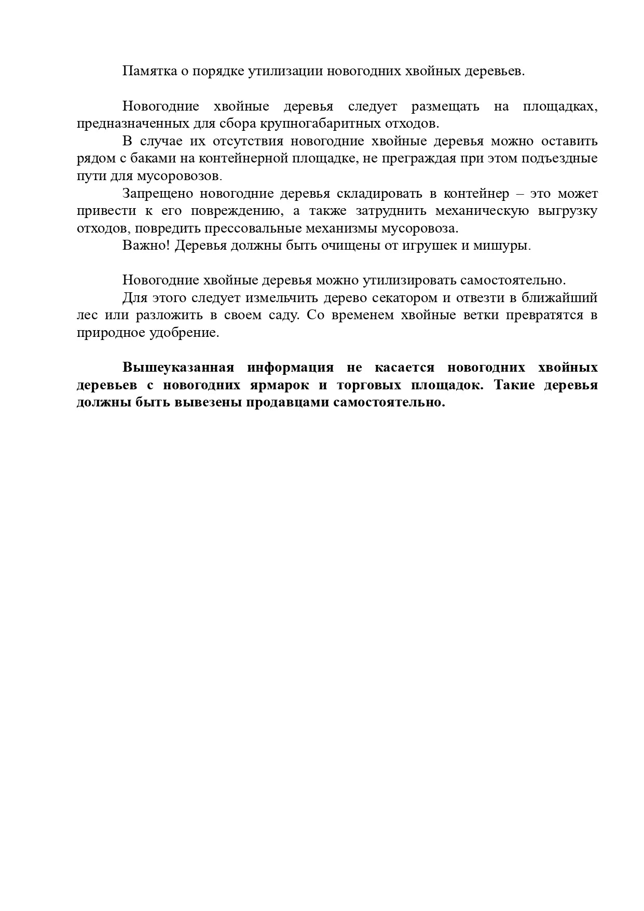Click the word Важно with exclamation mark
(x=146, y=246)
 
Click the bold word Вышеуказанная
(x=178, y=368)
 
